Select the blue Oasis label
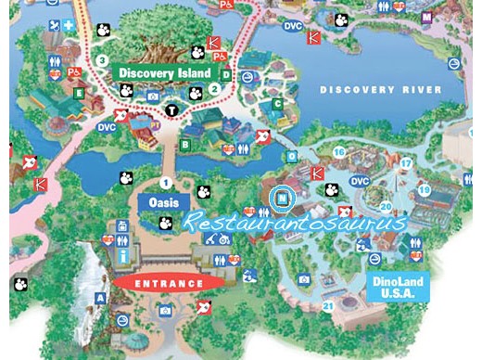(x=163, y=201)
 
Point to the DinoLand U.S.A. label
(x=399, y=287)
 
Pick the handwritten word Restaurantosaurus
(x=294, y=224)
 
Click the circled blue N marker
(x=281, y=197)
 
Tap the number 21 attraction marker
(x=327, y=306)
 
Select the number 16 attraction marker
(x=339, y=151)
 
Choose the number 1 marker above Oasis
(x=167, y=182)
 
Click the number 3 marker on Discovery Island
(x=102, y=60)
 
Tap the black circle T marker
(x=171, y=111)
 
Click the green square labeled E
(x=80, y=92)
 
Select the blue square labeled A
(x=100, y=298)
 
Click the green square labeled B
(x=185, y=145)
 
